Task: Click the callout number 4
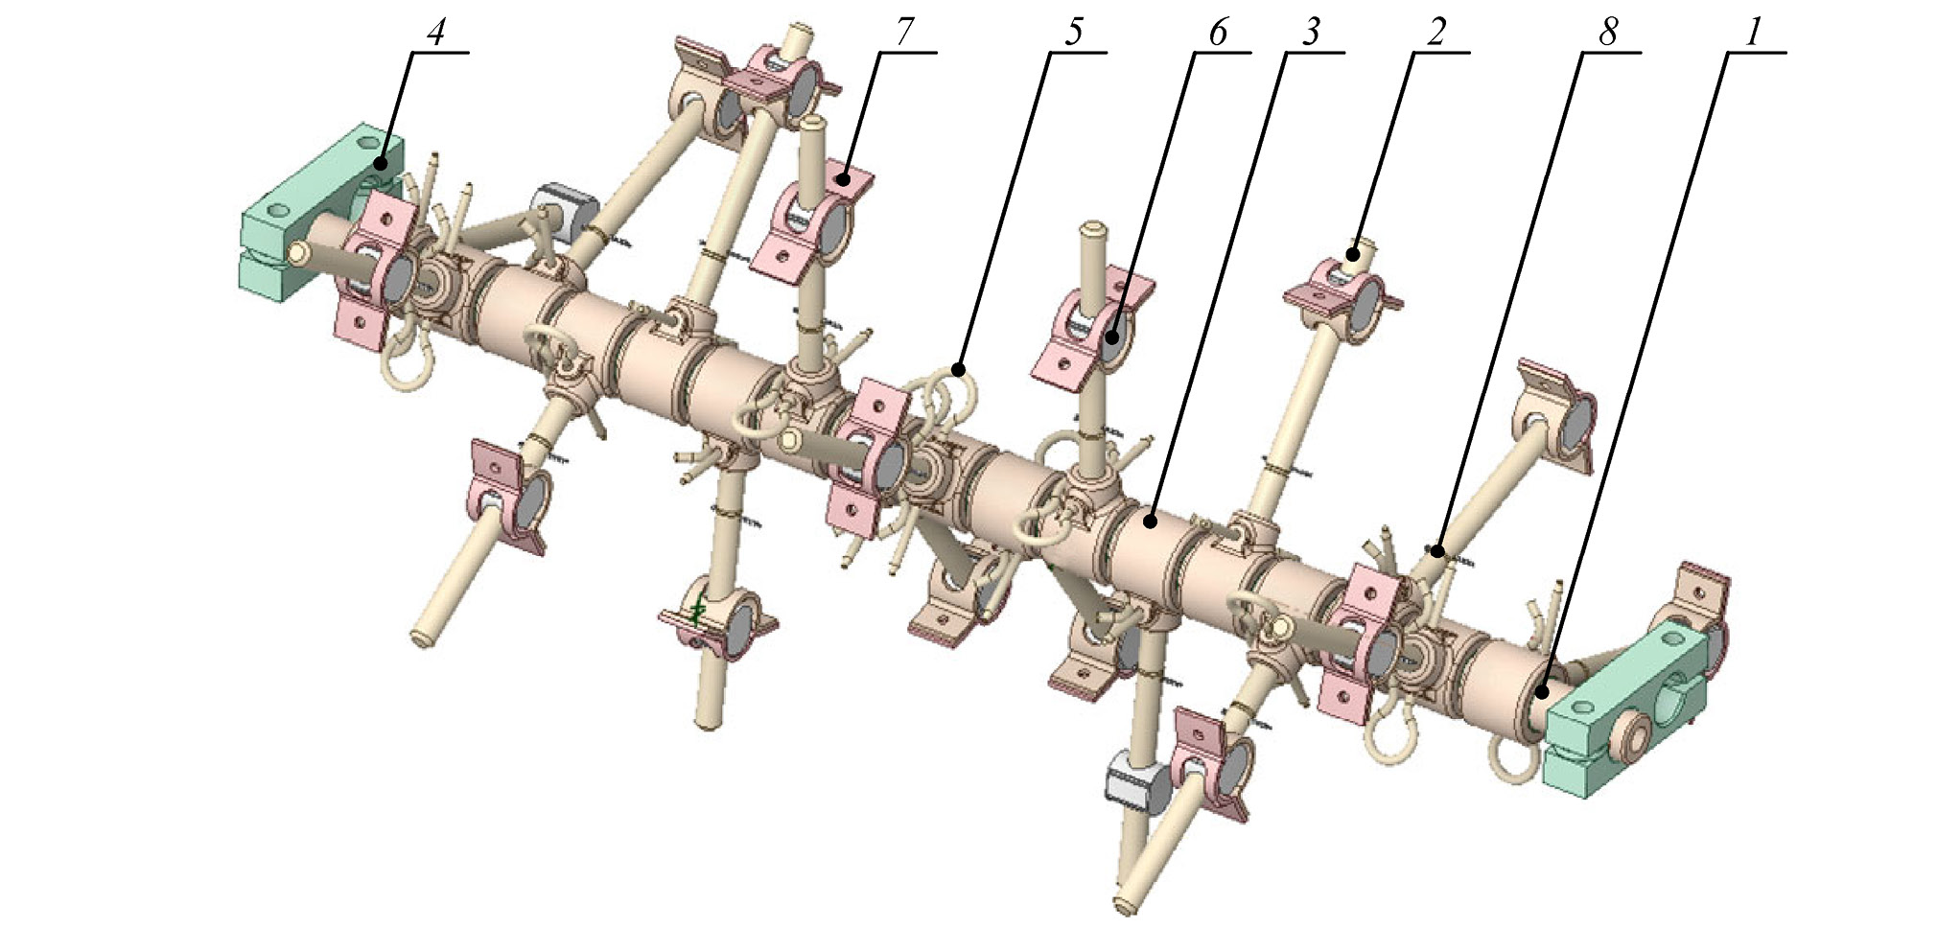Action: tap(435, 34)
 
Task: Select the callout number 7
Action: tap(904, 34)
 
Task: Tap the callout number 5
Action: tap(1073, 34)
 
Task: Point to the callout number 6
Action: tap(1217, 34)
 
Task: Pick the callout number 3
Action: tap(1310, 34)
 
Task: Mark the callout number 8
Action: tap(1608, 34)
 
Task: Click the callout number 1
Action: tap(1753, 34)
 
